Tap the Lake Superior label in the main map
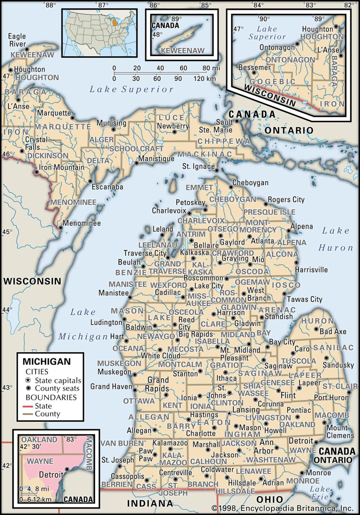point(131,89)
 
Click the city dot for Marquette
point(72,118)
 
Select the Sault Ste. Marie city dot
point(237,121)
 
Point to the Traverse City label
point(145,253)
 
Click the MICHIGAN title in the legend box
point(47,361)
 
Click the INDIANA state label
point(150,503)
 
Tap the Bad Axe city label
point(333,332)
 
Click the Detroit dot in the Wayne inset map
point(67,469)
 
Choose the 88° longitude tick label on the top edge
point(50,5)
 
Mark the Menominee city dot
point(61,227)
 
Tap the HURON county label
point(317,321)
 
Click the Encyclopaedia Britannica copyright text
point(282,508)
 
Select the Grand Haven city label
point(111,387)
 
